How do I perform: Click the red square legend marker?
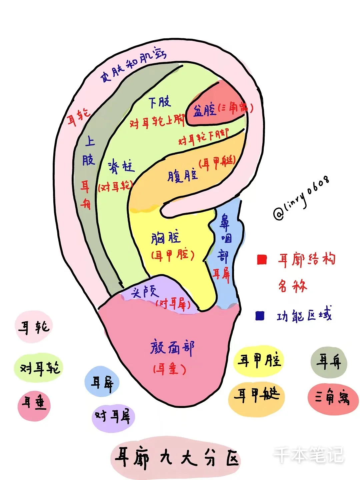[262, 259]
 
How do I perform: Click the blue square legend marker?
[260, 316]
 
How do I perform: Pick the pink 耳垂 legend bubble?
[34, 404]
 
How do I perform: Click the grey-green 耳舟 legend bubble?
[329, 362]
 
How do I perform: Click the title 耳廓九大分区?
[176, 458]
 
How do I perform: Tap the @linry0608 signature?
[302, 198]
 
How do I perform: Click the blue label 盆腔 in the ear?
[204, 110]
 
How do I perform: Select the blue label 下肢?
[159, 102]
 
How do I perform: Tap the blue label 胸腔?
[166, 238]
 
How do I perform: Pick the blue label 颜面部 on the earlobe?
[172, 348]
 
